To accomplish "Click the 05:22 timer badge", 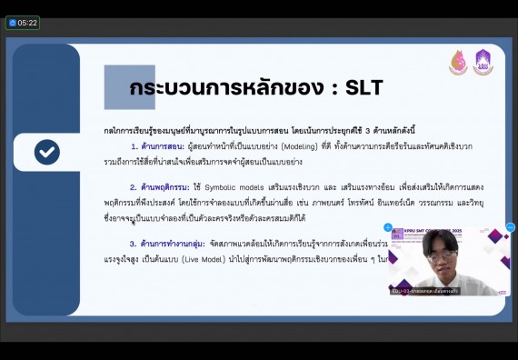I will click(23, 23).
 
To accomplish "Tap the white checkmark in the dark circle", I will click(47, 152).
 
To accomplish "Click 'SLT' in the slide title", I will click(359, 88).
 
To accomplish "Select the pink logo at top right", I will click(458, 63).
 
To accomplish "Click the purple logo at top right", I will click(483, 63).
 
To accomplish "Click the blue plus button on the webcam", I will click(388, 227).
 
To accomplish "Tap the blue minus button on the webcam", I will click(510, 227).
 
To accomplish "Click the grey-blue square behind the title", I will click(130, 87).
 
